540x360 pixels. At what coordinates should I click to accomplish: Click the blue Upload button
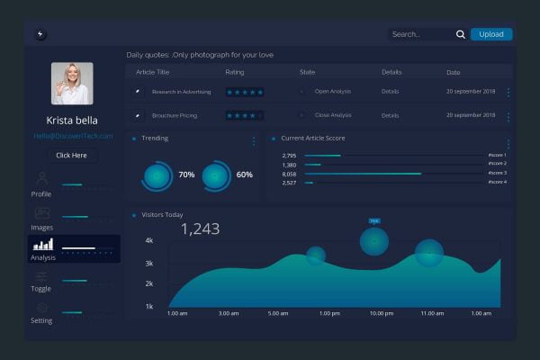tap(491, 34)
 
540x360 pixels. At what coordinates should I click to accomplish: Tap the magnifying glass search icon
tap(461, 34)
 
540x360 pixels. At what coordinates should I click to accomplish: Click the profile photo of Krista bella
tap(72, 84)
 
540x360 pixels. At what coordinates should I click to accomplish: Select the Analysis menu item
tap(43, 257)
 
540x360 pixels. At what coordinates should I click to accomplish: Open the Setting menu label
tap(41, 320)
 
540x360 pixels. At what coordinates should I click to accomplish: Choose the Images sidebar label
tap(41, 228)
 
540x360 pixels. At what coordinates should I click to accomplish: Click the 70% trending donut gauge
tap(157, 175)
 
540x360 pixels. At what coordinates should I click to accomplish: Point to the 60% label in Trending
tap(244, 175)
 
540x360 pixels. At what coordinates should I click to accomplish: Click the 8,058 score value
tap(289, 174)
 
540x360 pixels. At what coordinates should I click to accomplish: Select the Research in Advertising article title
tap(183, 92)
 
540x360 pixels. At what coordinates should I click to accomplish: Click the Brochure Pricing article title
tap(175, 115)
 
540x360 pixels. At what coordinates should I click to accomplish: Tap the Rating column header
tap(234, 72)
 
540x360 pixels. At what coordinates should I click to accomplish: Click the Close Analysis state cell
tap(333, 115)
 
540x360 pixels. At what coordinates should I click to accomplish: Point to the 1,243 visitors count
tap(200, 229)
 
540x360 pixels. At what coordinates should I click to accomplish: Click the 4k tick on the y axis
tap(148, 241)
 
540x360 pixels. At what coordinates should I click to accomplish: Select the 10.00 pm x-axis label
tap(382, 313)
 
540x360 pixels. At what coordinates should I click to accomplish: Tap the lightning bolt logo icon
tap(40, 34)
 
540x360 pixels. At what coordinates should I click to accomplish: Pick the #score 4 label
tap(497, 183)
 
